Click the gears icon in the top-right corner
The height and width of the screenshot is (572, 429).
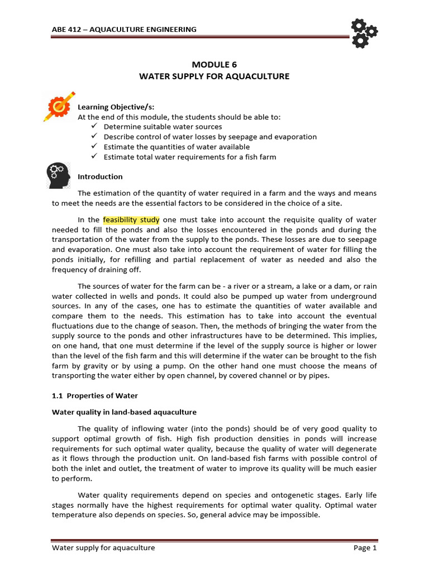(x=364, y=32)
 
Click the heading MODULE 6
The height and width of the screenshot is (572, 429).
(x=214, y=64)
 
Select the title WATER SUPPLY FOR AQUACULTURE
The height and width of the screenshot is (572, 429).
(x=214, y=76)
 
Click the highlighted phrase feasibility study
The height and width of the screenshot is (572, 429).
(x=131, y=220)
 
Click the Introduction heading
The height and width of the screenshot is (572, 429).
(x=100, y=177)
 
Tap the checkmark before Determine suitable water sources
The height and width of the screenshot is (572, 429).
(x=94, y=127)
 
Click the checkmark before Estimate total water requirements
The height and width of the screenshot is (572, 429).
(x=94, y=157)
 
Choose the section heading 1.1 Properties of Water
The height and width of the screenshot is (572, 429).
(x=95, y=395)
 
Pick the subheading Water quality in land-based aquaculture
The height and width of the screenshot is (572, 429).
(x=124, y=412)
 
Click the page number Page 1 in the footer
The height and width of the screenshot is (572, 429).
(x=365, y=548)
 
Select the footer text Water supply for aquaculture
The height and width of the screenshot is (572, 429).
(x=103, y=548)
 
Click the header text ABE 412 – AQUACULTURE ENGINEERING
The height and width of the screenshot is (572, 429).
(x=124, y=29)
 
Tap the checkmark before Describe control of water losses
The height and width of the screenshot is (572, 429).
(x=94, y=137)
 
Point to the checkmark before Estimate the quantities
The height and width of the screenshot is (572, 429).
(x=94, y=147)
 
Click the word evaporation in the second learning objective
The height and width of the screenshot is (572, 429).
(x=295, y=137)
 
